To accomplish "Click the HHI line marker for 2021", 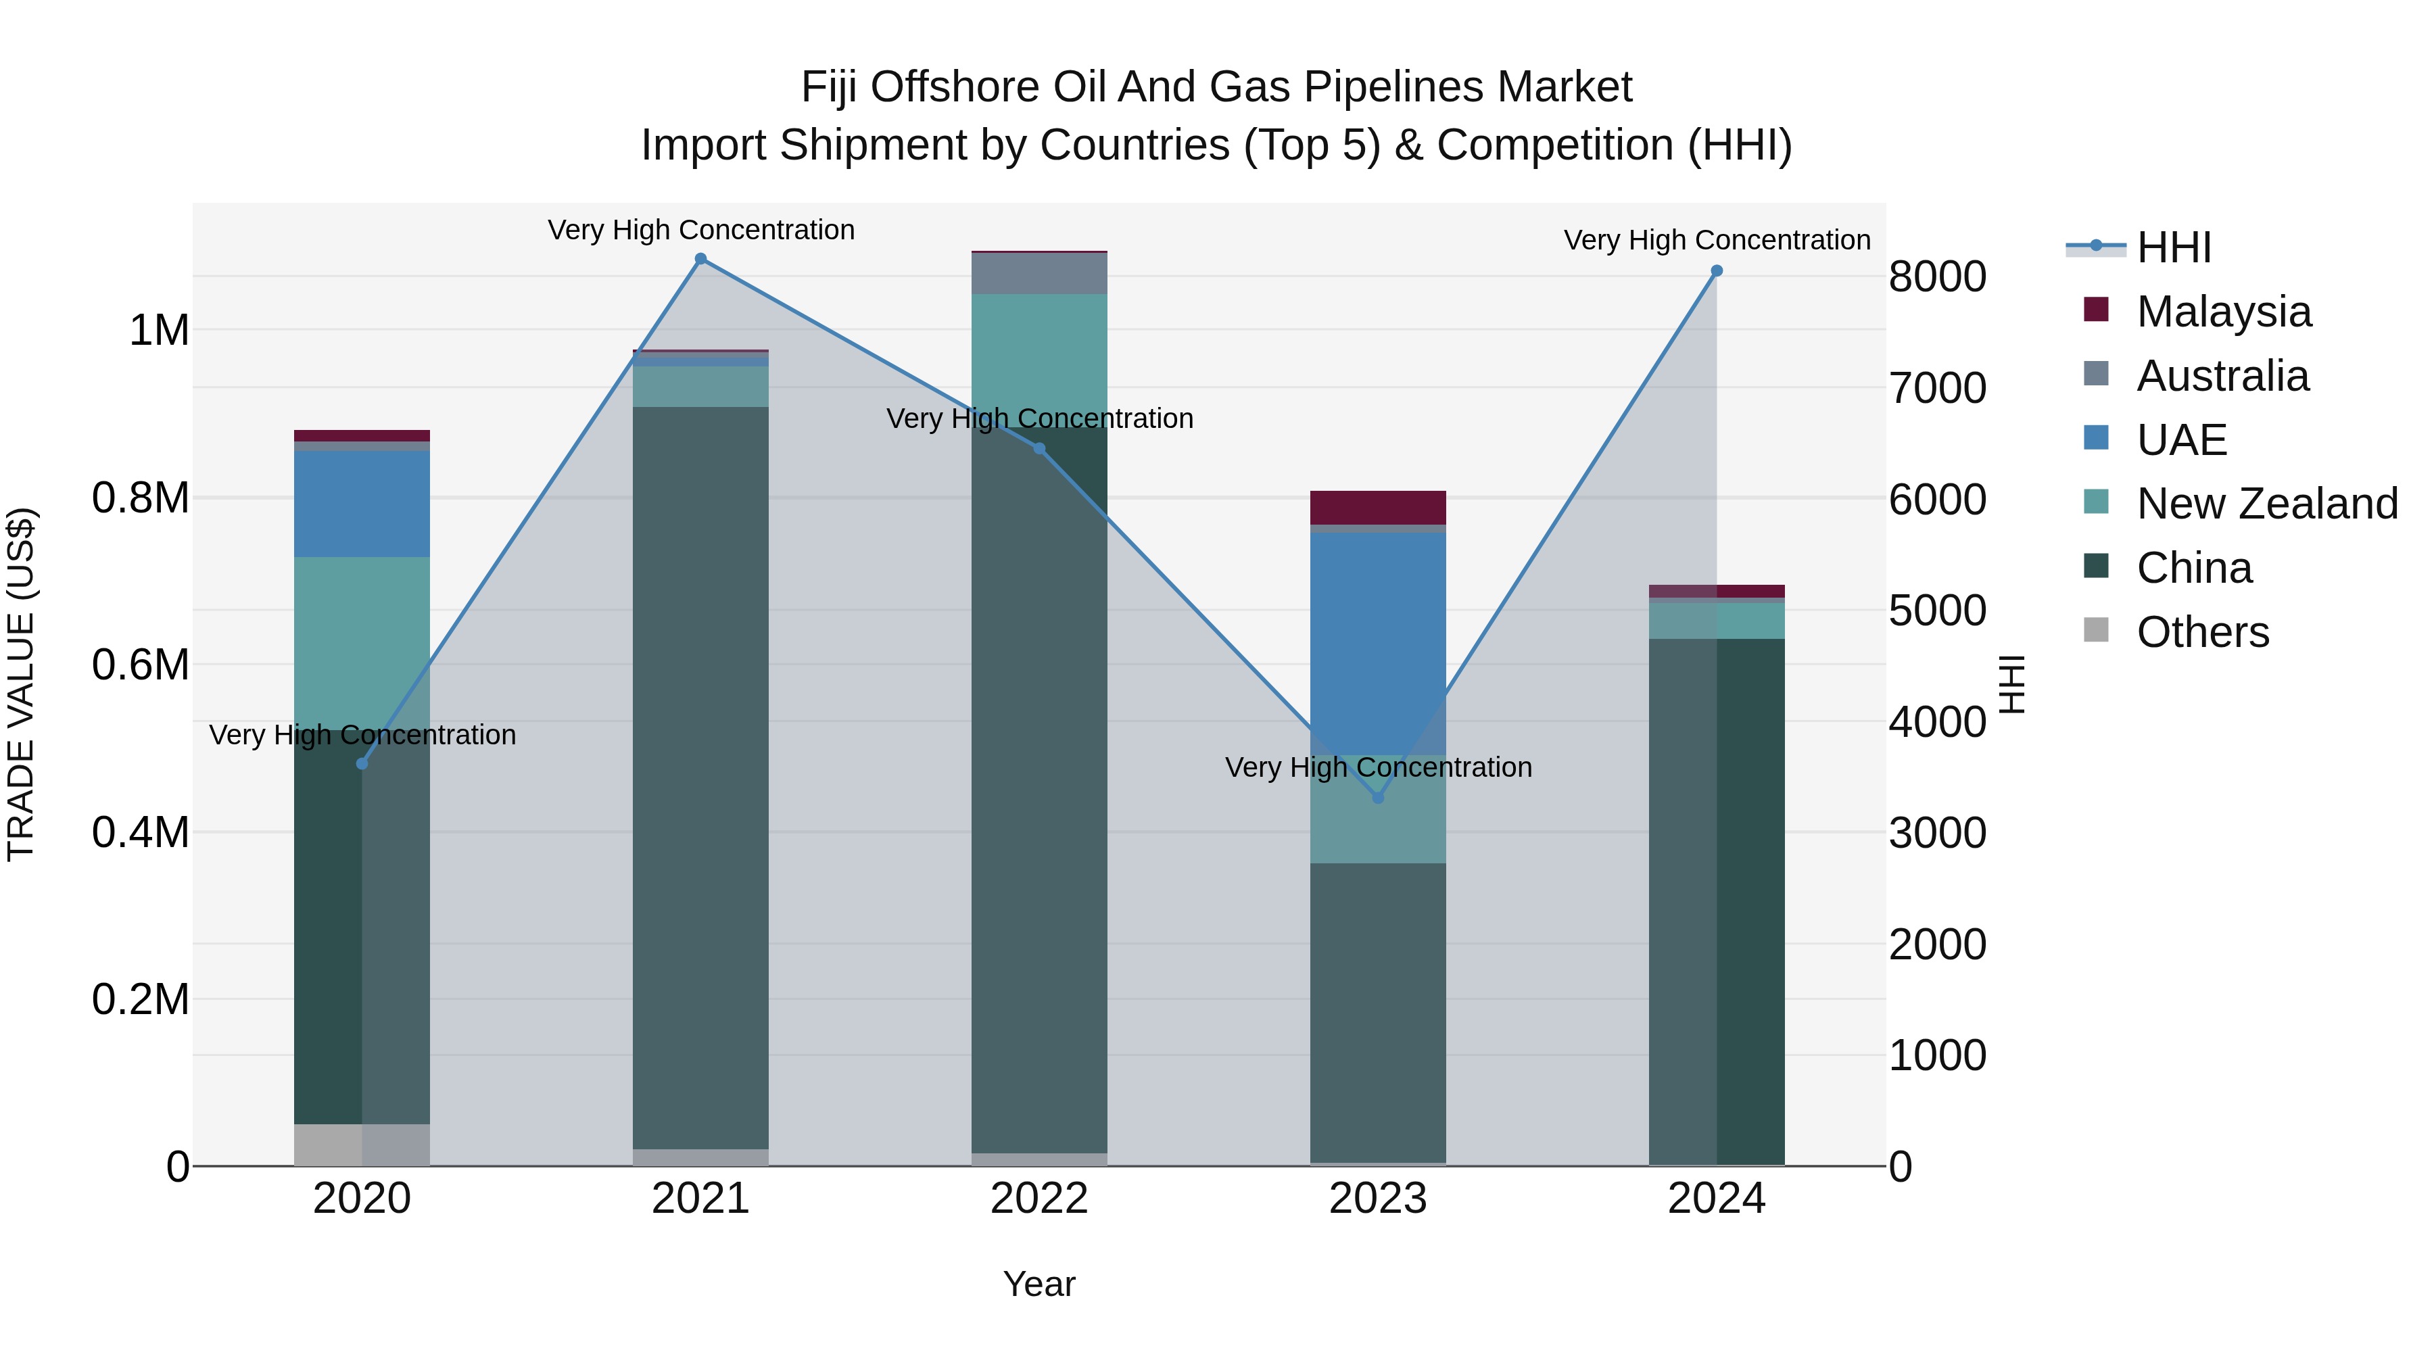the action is [x=701, y=259].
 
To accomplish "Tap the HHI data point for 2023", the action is [x=1379, y=798].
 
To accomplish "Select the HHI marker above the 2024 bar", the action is [x=1717, y=271].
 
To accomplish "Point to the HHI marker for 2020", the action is [x=362, y=763].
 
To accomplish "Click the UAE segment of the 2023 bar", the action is [x=1379, y=644].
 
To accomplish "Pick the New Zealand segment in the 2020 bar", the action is [x=362, y=644].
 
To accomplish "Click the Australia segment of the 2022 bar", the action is [x=1039, y=273].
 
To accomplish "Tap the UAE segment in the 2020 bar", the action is [x=362, y=504].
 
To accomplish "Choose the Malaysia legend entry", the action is [x=2197, y=311].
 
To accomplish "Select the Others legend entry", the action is [x=2175, y=631].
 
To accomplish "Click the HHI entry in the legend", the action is [x=2139, y=247].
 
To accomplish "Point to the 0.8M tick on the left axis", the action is [x=140, y=498].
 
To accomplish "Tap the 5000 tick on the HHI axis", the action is [x=1938, y=610].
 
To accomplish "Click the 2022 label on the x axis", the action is [x=1039, y=1199].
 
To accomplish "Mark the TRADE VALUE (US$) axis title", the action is [x=21, y=684].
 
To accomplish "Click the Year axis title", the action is [x=1039, y=1284].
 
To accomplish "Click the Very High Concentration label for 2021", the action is [x=701, y=230].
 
